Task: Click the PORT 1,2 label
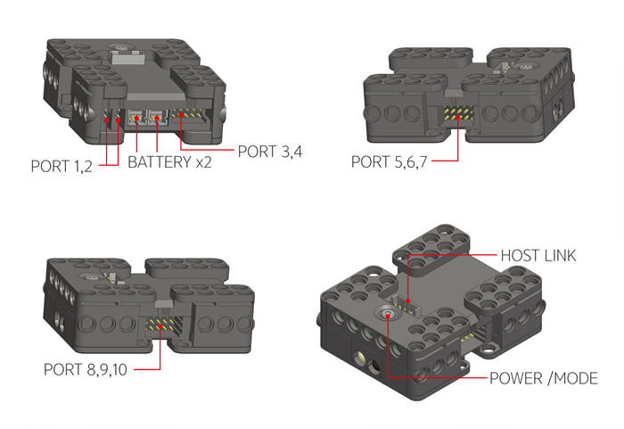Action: point(62,166)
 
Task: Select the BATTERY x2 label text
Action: point(170,162)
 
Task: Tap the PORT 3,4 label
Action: point(270,152)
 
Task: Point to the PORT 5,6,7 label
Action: point(390,161)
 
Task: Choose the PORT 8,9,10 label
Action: point(86,369)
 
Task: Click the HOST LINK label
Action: point(538,255)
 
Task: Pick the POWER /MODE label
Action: point(544,378)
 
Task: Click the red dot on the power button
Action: point(388,316)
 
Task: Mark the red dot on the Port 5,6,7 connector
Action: point(458,118)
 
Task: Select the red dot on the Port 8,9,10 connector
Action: point(160,326)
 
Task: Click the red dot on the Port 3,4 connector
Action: point(181,115)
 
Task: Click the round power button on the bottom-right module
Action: point(388,314)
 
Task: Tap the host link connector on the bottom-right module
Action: point(405,304)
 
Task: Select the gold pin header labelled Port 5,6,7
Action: point(458,113)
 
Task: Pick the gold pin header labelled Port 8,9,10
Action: point(161,325)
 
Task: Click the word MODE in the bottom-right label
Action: point(576,378)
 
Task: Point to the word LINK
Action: point(561,255)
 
